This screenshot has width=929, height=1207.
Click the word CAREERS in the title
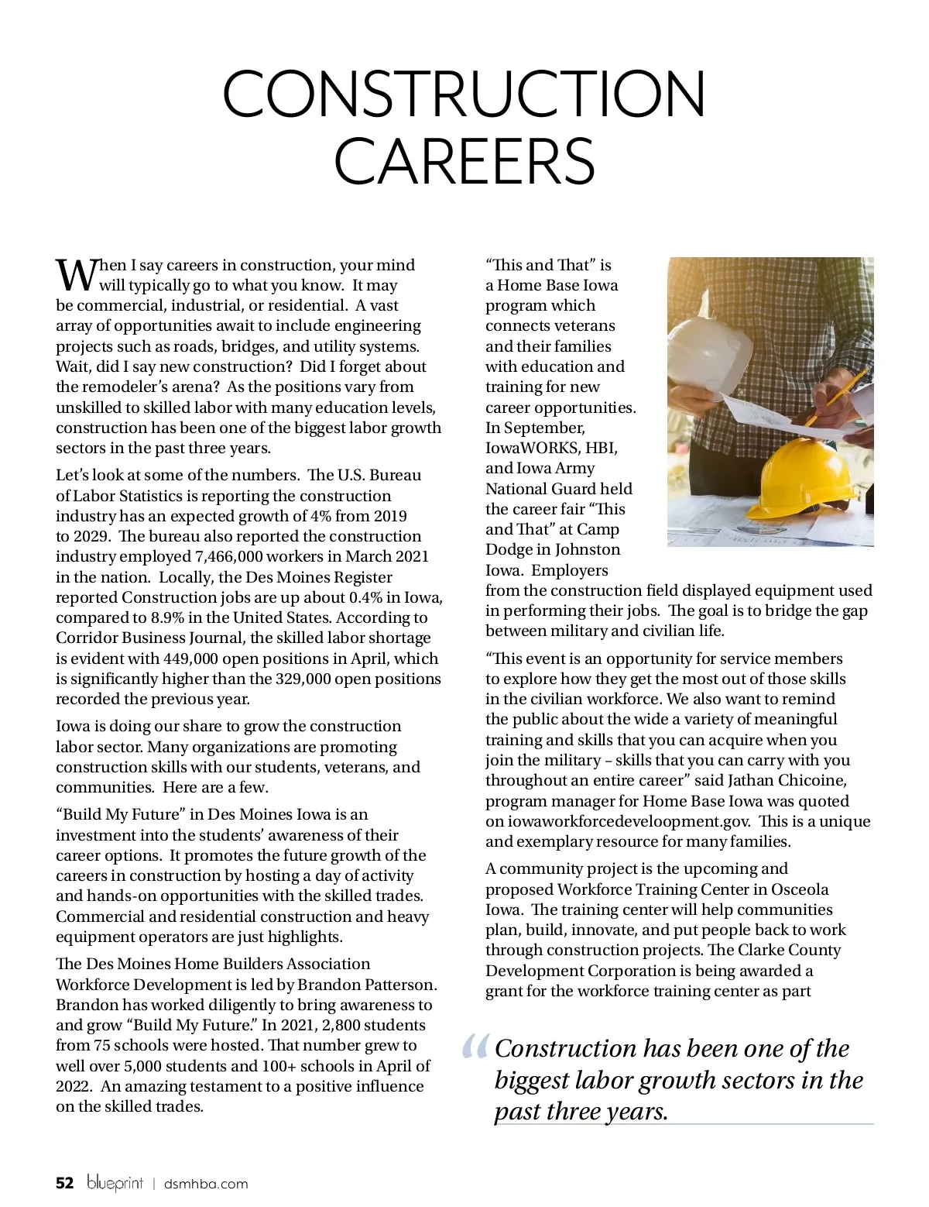[464, 160]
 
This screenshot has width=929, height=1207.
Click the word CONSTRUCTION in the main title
[464, 94]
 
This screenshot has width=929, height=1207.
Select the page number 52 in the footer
[65, 1183]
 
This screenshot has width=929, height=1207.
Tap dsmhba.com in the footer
[206, 1184]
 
